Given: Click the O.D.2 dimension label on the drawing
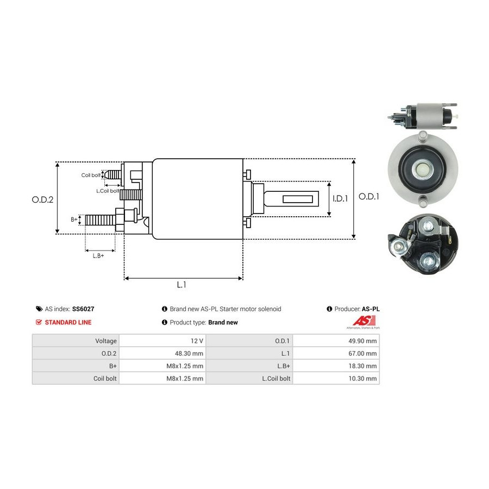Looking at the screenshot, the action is (42, 199).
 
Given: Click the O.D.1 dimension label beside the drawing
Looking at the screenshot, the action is (369, 197).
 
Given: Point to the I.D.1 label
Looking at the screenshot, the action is (340, 199).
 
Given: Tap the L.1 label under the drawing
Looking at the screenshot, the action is (181, 285).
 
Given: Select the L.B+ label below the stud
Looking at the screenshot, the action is (98, 256).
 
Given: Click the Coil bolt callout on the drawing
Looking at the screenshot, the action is (91, 175).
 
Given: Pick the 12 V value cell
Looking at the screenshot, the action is (197, 341).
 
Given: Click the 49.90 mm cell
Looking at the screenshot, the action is (362, 341).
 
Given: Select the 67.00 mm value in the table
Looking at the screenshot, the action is (362, 353).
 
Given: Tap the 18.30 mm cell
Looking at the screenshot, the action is (362, 366).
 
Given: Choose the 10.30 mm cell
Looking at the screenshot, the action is (362, 378).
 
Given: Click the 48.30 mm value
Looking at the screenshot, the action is (189, 353).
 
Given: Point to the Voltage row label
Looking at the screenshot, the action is (106, 341).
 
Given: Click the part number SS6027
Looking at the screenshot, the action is (83, 309).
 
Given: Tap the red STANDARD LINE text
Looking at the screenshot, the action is (68, 322).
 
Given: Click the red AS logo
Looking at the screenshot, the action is (364, 321).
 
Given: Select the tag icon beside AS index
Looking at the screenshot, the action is (39, 309).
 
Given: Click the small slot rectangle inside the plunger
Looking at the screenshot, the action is (298, 199).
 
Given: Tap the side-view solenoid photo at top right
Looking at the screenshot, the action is (422, 116).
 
